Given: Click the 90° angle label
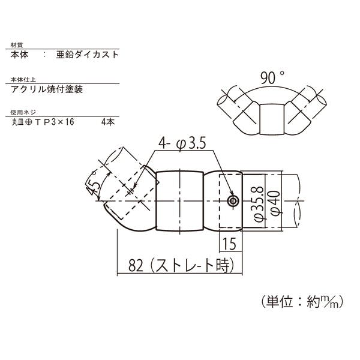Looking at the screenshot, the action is pyautogui.click(x=272, y=77).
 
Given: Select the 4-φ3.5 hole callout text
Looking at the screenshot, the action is pyautogui.click(x=182, y=143).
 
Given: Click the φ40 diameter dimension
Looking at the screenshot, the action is pyautogui.click(x=275, y=203).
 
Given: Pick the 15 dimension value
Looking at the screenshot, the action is pyautogui.click(x=229, y=244).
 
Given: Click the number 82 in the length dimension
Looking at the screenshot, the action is pyautogui.click(x=136, y=265).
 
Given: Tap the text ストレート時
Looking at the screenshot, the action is pyautogui.click(x=193, y=265).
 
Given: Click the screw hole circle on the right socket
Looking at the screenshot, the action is pyautogui.click(x=233, y=201).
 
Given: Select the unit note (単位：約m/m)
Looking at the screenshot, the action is pyautogui.click(x=302, y=301).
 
